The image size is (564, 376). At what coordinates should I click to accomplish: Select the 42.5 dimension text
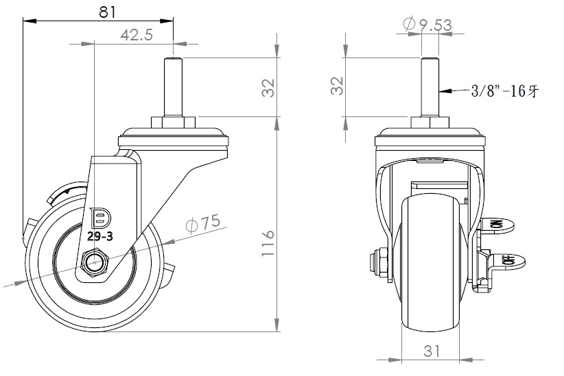[137, 35]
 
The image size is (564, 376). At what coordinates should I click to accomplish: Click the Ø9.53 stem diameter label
[426, 25]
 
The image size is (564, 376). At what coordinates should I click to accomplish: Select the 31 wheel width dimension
[431, 351]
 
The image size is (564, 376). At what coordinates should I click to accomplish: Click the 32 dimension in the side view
[268, 87]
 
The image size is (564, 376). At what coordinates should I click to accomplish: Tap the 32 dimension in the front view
[337, 86]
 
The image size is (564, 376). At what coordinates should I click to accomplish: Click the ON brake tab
[499, 225]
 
